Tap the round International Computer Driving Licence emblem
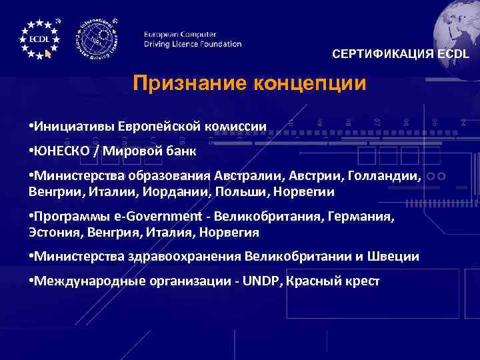tap(98, 38)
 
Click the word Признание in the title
tap(191, 83)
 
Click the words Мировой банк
tap(150, 150)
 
